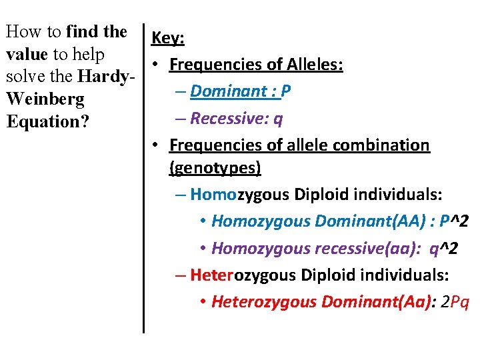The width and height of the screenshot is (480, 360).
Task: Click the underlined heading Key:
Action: click(x=168, y=39)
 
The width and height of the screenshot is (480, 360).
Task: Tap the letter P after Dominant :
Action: click(x=286, y=91)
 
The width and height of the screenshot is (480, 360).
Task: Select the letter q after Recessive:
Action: click(x=279, y=119)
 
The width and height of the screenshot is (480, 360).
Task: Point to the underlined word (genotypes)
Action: click(x=215, y=168)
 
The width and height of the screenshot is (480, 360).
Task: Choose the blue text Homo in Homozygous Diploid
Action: click(x=209, y=195)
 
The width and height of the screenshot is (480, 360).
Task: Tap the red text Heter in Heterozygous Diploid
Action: click(x=209, y=275)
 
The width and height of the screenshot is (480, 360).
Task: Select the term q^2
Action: click(x=443, y=248)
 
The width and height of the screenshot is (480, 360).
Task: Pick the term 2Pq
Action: click(x=455, y=301)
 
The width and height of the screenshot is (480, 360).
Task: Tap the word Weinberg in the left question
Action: click(x=45, y=100)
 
